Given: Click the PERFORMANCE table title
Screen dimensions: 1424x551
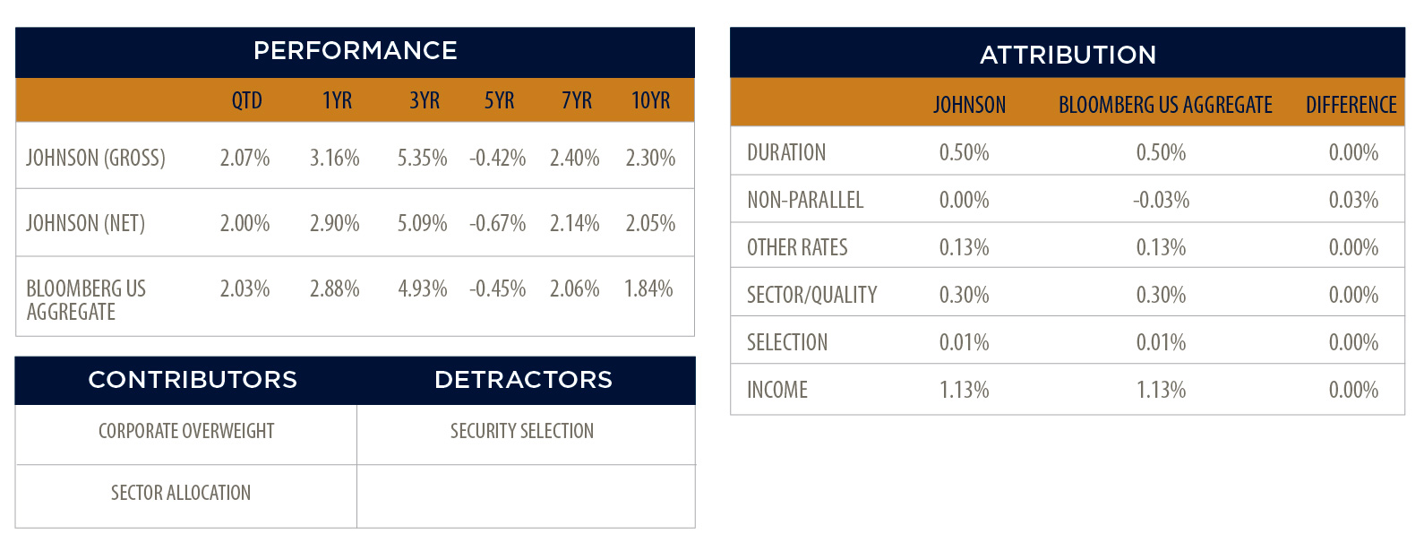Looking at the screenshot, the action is coord(355,51).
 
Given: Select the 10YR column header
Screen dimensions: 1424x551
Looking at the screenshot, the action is coord(650,100).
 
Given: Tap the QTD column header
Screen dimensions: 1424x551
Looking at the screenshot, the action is coord(246,100).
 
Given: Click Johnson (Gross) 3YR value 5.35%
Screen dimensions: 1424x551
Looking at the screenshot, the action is coord(422,158).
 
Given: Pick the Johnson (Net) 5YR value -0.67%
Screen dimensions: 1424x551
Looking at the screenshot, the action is coord(497,223).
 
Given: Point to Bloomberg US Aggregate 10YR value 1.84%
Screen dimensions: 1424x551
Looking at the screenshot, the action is coord(648,288).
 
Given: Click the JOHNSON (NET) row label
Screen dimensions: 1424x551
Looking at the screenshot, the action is coord(86,223).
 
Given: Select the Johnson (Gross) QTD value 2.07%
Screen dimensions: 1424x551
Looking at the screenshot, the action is coord(244,158).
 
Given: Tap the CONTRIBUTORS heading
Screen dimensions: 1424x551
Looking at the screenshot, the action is coord(193,380).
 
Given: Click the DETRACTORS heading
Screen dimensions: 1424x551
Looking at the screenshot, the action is coord(523,380).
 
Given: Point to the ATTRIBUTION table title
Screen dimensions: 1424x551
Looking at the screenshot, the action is coord(1068,55).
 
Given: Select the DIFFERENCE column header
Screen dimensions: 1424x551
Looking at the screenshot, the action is coord(1351,105).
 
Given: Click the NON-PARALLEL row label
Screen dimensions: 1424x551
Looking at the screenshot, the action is coord(805,201).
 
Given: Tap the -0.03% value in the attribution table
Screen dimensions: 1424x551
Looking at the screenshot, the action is coord(1161,201).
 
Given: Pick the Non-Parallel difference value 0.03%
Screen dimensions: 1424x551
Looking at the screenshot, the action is coord(1353,201).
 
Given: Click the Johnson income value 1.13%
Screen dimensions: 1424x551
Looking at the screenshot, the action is coord(965,390).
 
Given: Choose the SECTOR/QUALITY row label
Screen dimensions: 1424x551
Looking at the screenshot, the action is coord(811,296).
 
